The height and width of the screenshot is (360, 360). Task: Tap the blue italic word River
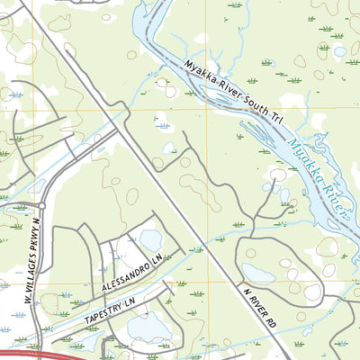334,200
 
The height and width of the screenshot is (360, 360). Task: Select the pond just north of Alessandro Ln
150,240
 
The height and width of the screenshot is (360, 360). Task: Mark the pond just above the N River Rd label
259,273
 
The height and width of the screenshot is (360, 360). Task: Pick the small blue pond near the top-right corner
339,51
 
